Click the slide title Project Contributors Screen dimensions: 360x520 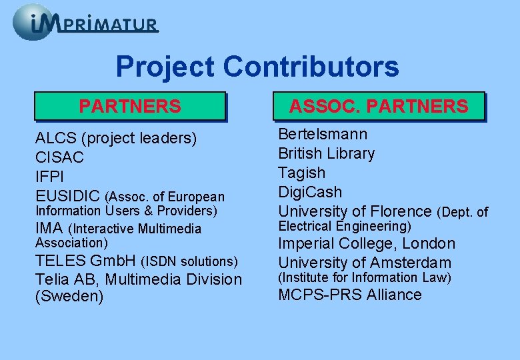tap(257, 67)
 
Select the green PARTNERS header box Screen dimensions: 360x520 tap(130, 106)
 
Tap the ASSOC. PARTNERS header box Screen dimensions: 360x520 tap(378, 106)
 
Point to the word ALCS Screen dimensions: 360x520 tap(55, 139)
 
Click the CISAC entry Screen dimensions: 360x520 tap(59, 158)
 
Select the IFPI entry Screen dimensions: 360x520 tap(50, 177)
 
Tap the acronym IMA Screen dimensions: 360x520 tap(49, 229)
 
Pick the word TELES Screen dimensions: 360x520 tap(61, 260)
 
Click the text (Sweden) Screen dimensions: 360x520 tap(69, 297)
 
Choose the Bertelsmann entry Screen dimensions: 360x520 tap(323, 134)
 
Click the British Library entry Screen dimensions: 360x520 tap(326, 153)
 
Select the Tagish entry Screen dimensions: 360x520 tap(301, 173)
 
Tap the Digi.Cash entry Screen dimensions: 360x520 tap(310, 192)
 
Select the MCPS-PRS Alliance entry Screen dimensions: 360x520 tap(349, 295)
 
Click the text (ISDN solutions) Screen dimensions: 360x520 tap(190, 261)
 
